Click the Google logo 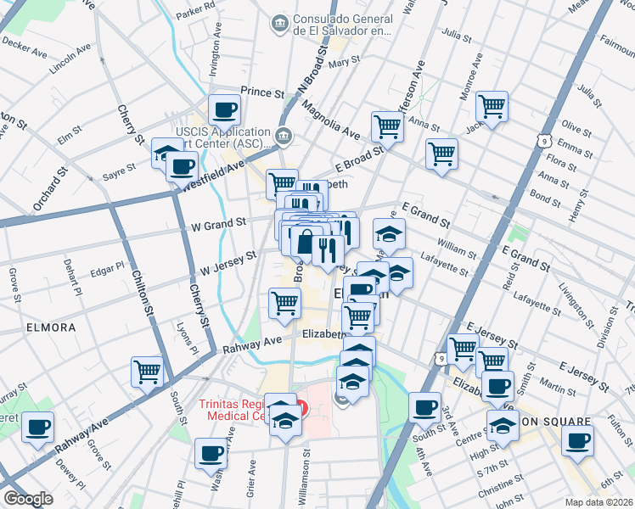(x=28, y=499)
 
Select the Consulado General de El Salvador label (x=341, y=25)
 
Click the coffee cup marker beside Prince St (x=224, y=109)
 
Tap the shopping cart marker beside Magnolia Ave (x=386, y=126)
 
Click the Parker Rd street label (x=195, y=14)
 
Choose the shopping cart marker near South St (x=147, y=371)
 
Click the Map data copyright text (x=598, y=501)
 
